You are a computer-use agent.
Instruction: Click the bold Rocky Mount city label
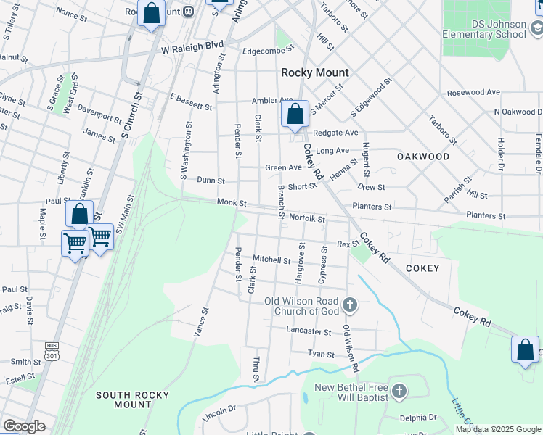315,72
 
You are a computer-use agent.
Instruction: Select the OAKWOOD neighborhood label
423,157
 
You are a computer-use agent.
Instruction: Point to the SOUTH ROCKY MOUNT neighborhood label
133,399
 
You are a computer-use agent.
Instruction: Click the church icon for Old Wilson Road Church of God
350,304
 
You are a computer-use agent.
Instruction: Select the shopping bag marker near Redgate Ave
295,115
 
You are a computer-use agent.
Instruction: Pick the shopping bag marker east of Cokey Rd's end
525,349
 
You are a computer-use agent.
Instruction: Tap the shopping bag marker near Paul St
79,215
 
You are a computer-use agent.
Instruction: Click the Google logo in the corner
24,426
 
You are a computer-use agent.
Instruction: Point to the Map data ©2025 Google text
499,429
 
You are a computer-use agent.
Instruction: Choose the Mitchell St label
271,259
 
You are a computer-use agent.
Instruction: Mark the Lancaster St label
309,331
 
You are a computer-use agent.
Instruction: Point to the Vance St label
201,320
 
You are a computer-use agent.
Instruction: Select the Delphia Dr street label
418,418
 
